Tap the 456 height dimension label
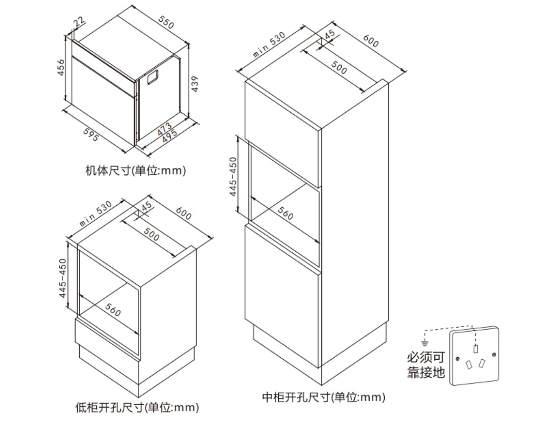pos(61,68)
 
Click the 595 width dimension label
pos(91,134)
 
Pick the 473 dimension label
pos(164,128)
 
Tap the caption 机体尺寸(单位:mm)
pos(136,171)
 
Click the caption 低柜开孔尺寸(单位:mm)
pos(137,407)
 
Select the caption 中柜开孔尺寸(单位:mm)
pos(324,397)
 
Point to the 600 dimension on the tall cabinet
pos(371,41)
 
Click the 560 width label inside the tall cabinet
pos(286,213)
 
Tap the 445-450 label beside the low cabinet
pos(63,278)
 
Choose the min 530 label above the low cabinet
pos(96,213)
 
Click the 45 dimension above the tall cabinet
pos(330,35)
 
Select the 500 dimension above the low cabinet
pos(151,234)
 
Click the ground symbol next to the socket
pos(425,343)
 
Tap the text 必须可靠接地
pos(426,364)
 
